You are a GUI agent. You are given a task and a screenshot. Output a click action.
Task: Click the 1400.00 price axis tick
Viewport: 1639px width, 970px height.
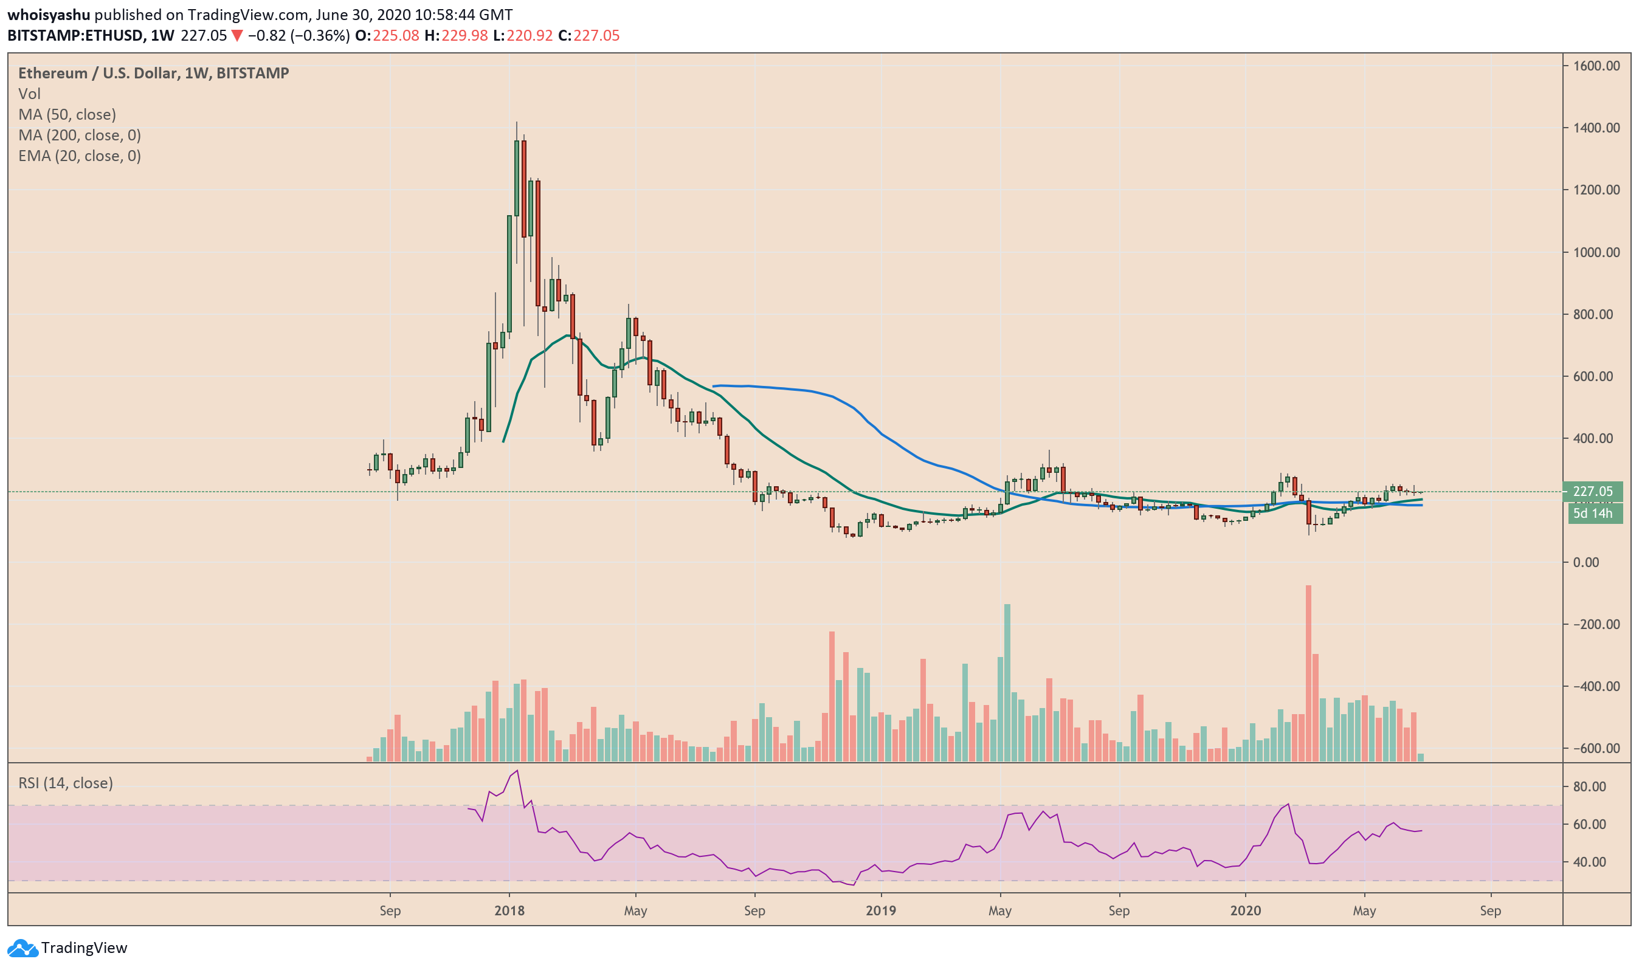[1596, 128]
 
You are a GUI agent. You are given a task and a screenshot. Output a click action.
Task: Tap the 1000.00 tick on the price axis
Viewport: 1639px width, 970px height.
[1596, 252]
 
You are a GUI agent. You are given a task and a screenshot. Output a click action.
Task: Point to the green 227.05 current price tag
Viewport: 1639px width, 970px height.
[1592, 492]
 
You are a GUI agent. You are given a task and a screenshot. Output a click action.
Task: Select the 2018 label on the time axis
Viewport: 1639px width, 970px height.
[509, 910]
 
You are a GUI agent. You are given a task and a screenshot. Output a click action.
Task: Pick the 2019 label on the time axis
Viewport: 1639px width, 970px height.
[881, 910]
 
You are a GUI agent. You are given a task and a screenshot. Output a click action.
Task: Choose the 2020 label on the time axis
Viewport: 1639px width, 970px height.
[1245, 910]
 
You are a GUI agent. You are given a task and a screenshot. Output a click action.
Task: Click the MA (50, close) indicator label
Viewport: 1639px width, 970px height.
[67, 114]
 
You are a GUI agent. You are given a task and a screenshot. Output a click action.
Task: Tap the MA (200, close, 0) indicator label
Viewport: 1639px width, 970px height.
[80, 136]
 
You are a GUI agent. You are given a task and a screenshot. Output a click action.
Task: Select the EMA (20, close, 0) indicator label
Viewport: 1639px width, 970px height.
[80, 156]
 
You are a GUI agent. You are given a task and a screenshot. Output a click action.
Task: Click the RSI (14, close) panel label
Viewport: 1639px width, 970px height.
[66, 783]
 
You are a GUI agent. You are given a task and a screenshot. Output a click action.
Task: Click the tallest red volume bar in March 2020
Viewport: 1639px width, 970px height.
[1308, 673]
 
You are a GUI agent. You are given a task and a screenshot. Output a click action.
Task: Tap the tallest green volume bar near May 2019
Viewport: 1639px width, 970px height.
[1007, 683]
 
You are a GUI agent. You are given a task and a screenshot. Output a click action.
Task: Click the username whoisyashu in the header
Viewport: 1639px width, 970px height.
[49, 15]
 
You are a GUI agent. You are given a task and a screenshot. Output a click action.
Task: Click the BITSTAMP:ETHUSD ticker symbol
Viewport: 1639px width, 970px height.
[75, 35]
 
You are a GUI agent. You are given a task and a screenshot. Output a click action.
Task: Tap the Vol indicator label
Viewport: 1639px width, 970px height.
[29, 94]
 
